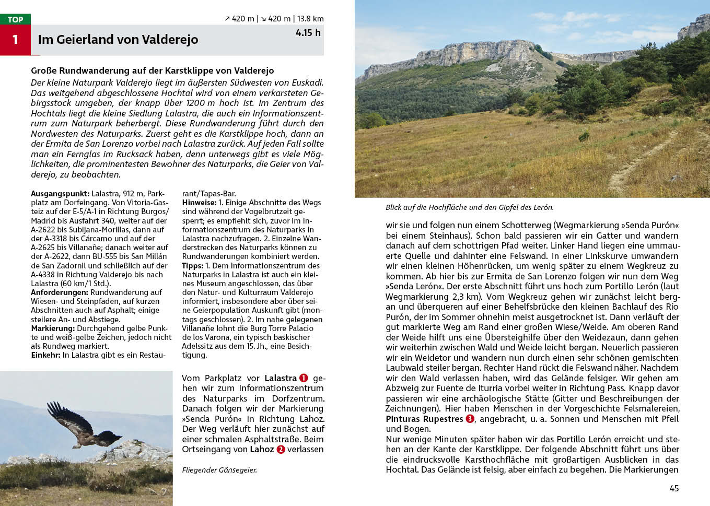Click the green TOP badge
(15, 19)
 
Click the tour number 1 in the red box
(15, 40)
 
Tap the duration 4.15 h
(308, 33)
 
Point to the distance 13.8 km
(310, 19)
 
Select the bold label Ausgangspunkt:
(60, 194)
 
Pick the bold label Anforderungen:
(60, 292)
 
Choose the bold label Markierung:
(53, 328)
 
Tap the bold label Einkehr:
(45, 355)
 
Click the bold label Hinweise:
(199, 203)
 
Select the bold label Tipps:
(192, 266)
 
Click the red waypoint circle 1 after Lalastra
(304, 378)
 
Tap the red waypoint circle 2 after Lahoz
(281, 450)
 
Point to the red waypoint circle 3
(470, 419)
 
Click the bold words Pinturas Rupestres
(424, 419)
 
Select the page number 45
(674, 488)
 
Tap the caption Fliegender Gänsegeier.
(219, 470)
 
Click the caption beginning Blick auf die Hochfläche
(469, 207)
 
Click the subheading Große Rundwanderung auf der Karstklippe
(152, 70)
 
